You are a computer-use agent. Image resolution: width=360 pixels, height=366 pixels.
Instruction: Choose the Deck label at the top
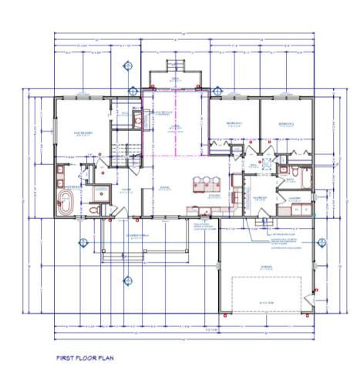click(x=176, y=79)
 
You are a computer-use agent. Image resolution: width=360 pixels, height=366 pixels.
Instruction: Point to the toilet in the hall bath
click(x=284, y=170)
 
